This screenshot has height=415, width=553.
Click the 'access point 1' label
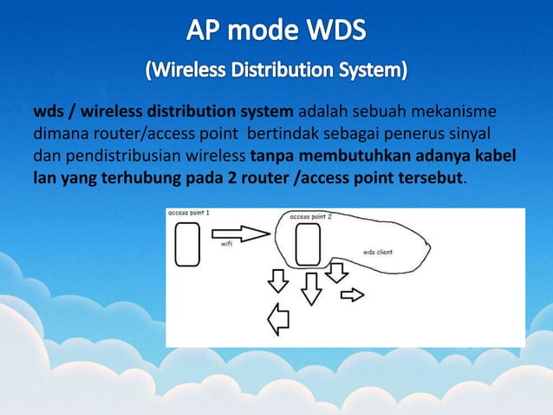[188, 213]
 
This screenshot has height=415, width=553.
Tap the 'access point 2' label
[310, 216]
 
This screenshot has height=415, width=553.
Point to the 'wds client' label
[378, 252]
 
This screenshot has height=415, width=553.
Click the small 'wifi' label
[226, 244]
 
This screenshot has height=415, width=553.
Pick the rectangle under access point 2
[309, 246]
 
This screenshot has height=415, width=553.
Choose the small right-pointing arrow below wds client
[352, 295]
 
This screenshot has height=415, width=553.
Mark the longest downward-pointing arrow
[310, 288]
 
